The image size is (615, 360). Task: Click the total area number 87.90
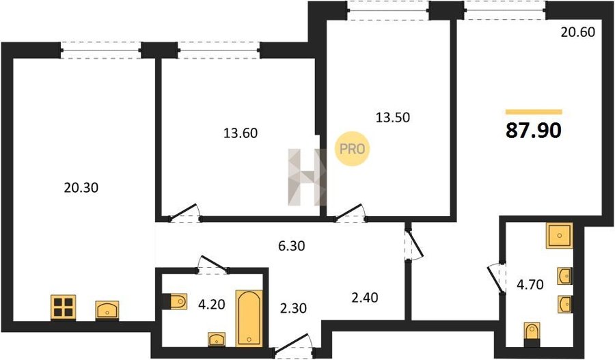534,130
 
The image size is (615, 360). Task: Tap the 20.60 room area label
577,32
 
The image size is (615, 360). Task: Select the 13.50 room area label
393,117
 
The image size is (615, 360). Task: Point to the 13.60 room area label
241,133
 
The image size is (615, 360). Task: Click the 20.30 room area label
81,188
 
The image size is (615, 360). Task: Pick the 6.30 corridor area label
291,246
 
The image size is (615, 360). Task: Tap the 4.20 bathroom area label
211,304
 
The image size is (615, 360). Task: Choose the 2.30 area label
293,308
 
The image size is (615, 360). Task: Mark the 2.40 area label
365,298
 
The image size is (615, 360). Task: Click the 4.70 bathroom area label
530,284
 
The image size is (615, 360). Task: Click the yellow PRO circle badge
352,149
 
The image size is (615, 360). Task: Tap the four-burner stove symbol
63,307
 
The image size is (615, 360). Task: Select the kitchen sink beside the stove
107,310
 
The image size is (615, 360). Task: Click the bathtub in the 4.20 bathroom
249,318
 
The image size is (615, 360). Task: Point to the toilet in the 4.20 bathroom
175,301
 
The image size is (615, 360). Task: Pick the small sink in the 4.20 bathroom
217,340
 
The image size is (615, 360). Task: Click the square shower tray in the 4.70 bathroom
559,235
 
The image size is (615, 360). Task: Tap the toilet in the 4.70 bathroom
532,335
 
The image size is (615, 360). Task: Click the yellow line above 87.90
534,112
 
